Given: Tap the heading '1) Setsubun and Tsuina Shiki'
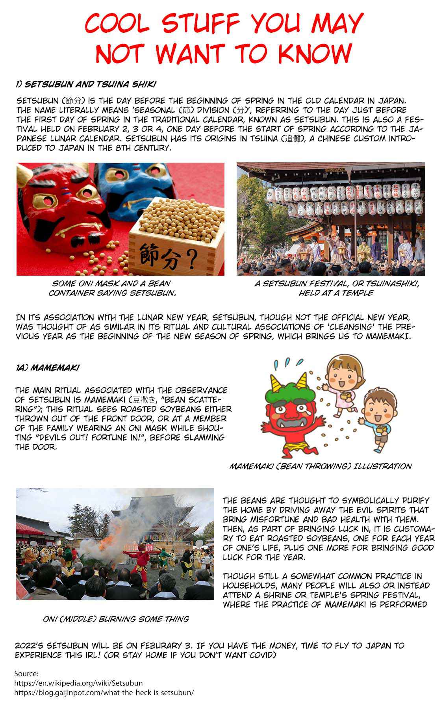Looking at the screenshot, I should pyautogui.click(x=86, y=84).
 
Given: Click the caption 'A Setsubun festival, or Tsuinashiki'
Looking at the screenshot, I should pyautogui.click(x=336, y=284).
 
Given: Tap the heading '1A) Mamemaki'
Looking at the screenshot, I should pyautogui.click(x=47, y=367).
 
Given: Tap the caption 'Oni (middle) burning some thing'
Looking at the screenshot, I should pyautogui.click(x=116, y=619).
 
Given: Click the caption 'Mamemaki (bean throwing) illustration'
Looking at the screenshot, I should pyautogui.click(x=321, y=466).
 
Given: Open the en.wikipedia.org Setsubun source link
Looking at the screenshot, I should pyautogui.click(x=78, y=683).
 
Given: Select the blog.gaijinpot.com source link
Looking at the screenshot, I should pyautogui.click(x=104, y=692).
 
